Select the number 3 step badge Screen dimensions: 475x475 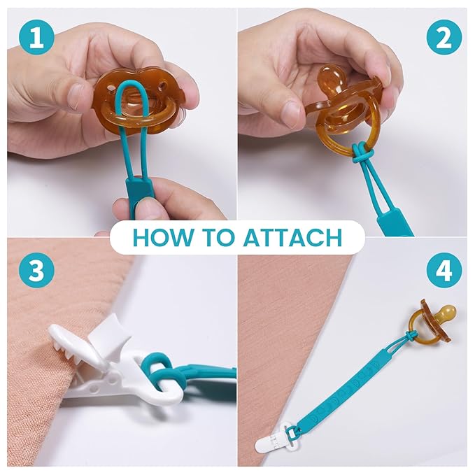pos(36,270)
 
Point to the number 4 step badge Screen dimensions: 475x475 pos(444,270)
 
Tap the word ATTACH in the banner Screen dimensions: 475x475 pos(293,237)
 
